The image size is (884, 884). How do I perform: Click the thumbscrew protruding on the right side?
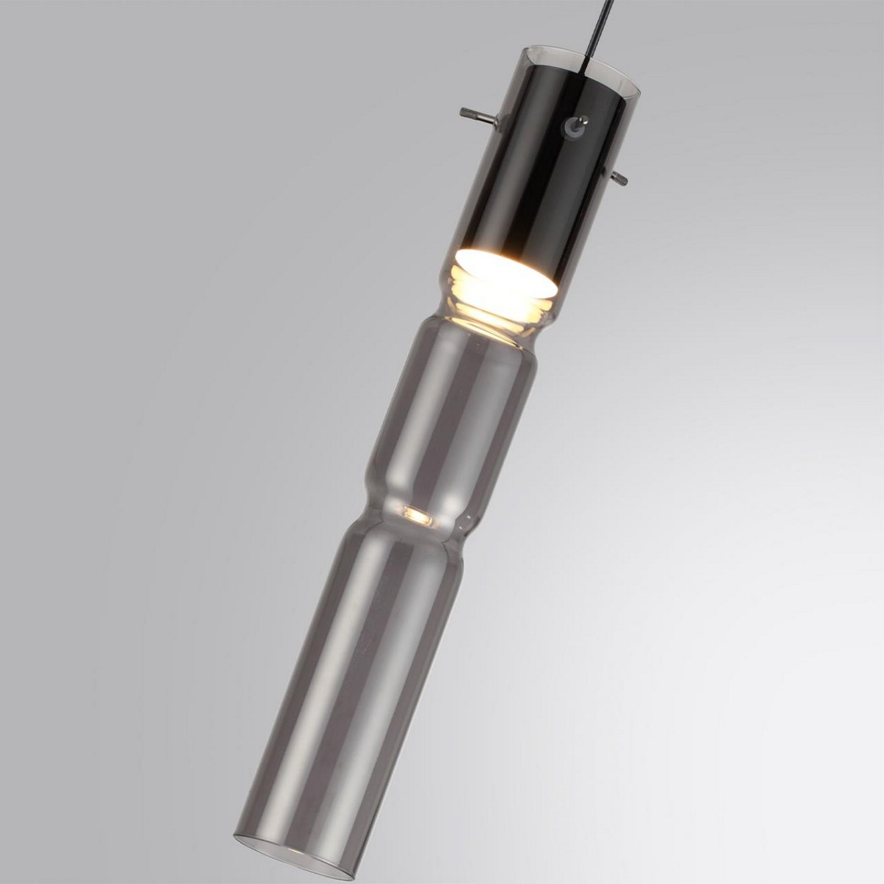(617, 175)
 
